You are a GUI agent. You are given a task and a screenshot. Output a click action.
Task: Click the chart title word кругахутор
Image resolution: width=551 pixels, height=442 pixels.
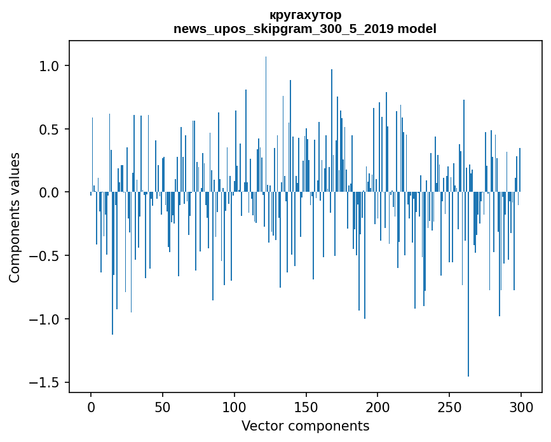(305, 15)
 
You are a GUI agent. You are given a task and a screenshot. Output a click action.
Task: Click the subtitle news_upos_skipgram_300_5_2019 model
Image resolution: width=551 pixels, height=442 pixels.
(305, 29)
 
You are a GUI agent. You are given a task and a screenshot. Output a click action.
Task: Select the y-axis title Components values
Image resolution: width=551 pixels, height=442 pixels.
(15, 217)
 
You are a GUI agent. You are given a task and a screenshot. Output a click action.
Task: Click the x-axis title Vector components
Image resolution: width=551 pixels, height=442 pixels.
(305, 426)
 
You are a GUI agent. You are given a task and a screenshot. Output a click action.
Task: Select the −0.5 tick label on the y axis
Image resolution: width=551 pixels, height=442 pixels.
(44, 256)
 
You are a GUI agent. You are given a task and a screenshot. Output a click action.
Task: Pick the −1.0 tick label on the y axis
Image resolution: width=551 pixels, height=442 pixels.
(44, 319)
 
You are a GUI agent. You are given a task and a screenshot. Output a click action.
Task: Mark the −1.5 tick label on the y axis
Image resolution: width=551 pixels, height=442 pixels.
(44, 382)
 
